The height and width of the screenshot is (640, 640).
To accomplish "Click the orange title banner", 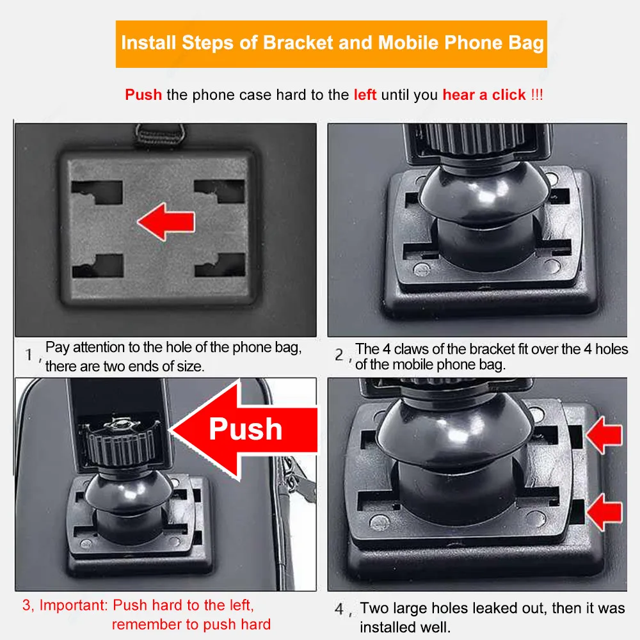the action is pos(331,44).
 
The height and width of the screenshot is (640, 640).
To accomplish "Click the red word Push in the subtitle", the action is pos(143,95).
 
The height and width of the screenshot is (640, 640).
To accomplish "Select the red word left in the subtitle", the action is pos(365,95).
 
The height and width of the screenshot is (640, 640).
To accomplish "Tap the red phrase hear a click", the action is pos(484,95).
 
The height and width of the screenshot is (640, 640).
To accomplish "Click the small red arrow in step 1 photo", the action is pos(166,221).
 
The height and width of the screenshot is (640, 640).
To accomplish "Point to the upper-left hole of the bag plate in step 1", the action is pos(97,192).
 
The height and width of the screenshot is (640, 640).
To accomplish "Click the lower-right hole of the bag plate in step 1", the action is pos(220,264).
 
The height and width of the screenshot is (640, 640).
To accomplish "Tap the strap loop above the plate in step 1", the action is pos(160,134).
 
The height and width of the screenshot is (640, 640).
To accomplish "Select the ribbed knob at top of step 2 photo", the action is pos(476,139).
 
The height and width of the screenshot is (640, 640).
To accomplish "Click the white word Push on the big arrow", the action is pos(246,429).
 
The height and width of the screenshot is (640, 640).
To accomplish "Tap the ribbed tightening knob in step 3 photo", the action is pos(120,443).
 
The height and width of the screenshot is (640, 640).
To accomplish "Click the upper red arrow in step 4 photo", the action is pos(605,435).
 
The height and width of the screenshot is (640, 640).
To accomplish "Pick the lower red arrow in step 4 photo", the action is pos(605,512).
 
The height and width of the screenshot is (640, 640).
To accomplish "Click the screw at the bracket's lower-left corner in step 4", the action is pos(379,522).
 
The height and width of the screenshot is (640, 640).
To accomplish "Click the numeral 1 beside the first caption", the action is pos(29,355).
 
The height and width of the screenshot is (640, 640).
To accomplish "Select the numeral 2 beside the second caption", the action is pos(339,355).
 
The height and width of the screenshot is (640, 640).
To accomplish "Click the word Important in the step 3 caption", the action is pos(74,605).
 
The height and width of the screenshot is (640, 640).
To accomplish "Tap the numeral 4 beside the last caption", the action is pos(339,609).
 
